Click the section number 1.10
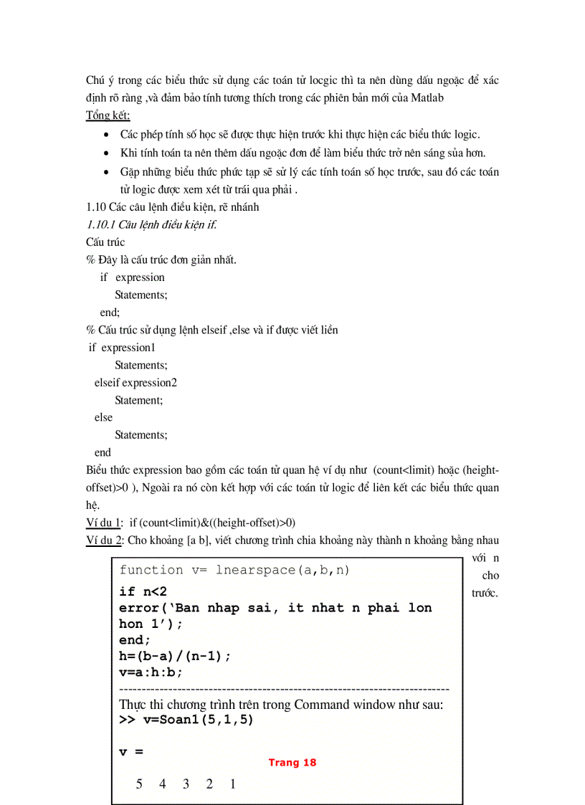coord(97,207)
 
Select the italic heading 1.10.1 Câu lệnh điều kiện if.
coord(151,224)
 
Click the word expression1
coord(128,348)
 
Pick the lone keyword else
coord(103,417)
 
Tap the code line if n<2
coord(143,591)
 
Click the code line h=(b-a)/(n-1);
coord(175,656)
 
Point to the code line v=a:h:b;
coord(151,672)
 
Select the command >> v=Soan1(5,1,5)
coord(186,719)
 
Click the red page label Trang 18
coord(292,763)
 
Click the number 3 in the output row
coord(186,783)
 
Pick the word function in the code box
coord(151,570)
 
